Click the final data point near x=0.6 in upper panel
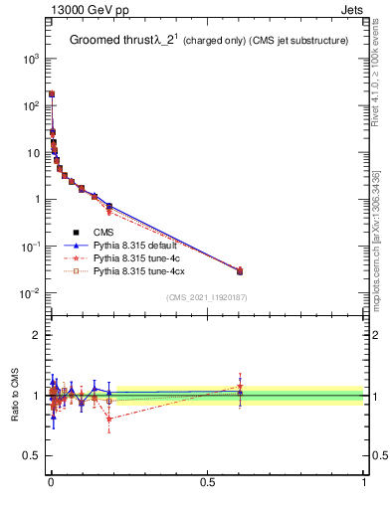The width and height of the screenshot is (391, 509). pyautogui.click(x=240, y=270)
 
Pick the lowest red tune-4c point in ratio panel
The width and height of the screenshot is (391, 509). pyautogui.click(x=108, y=419)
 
